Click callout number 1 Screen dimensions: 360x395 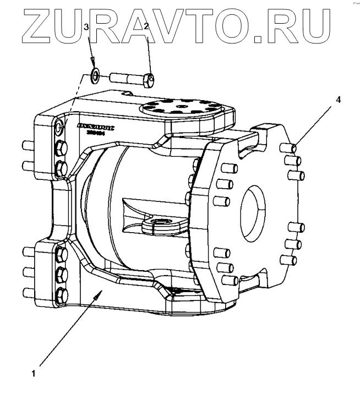pyautogui.click(x=34, y=373)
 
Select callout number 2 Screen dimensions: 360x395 pyautogui.click(x=146, y=26)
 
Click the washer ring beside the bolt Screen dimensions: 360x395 pyautogui.click(x=95, y=75)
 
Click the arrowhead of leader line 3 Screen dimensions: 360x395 pyautogui.click(x=94, y=61)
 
